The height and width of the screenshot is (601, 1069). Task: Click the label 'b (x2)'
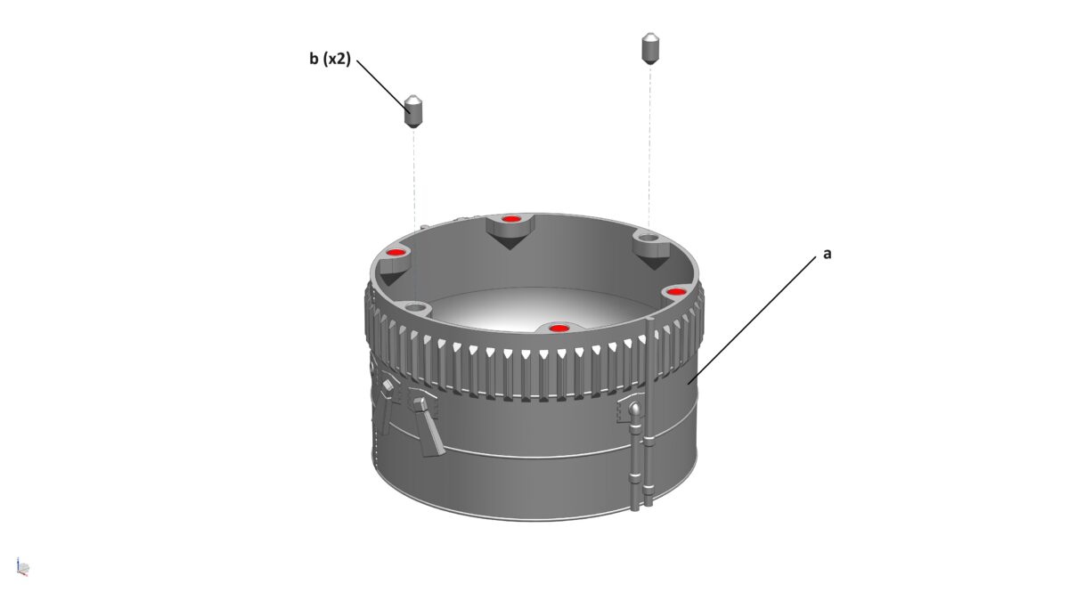click(x=330, y=60)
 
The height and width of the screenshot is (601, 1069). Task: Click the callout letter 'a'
click(x=827, y=254)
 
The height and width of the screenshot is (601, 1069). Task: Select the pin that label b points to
click(x=413, y=110)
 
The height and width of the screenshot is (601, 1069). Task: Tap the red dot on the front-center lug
click(x=559, y=329)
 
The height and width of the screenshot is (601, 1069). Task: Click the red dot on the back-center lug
click(x=510, y=219)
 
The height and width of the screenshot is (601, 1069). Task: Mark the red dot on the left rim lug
click(x=395, y=253)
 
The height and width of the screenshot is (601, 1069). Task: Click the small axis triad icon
click(x=23, y=566)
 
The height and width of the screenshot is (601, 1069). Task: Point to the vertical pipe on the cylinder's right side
click(x=636, y=463)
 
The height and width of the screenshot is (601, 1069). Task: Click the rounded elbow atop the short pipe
click(x=635, y=410)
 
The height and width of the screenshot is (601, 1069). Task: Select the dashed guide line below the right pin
click(x=649, y=142)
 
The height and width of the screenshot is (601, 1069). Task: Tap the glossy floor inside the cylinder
click(x=517, y=312)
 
